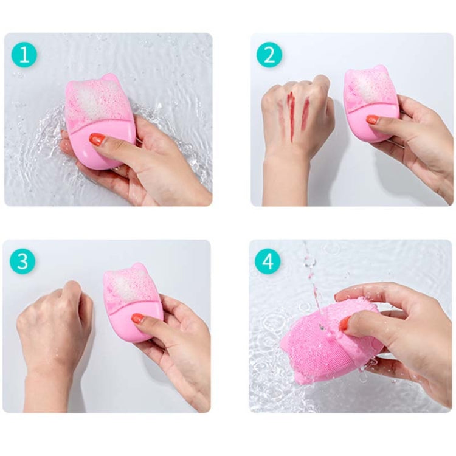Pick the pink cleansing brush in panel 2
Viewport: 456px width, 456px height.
point(370,103)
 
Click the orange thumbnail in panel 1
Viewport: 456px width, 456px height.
point(97,139)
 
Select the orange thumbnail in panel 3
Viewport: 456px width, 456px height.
point(138,318)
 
